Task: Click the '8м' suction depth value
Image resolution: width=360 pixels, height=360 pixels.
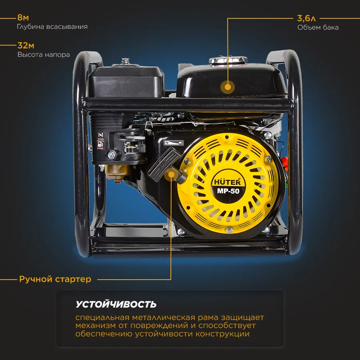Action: pyautogui.click(x=23, y=18)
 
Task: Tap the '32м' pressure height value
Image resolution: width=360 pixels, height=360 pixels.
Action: pyautogui.click(x=26, y=46)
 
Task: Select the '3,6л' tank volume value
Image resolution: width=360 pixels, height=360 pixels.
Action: pyautogui.click(x=306, y=18)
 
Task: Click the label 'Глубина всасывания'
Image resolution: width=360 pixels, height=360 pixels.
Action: pyautogui.click(x=52, y=27)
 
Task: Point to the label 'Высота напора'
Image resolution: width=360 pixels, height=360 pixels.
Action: pyautogui.click(x=44, y=55)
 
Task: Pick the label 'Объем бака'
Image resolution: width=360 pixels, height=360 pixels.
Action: pyautogui.click(x=318, y=27)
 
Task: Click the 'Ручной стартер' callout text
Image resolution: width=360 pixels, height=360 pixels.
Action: pyautogui.click(x=55, y=279)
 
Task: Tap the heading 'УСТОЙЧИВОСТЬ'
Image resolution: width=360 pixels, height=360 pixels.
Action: pyautogui.click(x=116, y=304)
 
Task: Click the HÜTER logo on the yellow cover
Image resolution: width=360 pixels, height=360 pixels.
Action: pyautogui.click(x=227, y=182)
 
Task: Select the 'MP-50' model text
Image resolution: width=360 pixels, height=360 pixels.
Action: pyautogui.click(x=228, y=191)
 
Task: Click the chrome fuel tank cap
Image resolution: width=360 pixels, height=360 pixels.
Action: pyautogui.click(x=228, y=61)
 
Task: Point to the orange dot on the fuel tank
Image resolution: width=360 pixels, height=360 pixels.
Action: pyautogui.click(x=228, y=87)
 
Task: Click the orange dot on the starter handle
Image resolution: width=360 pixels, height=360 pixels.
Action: pyautogui.click(x=171, y=174)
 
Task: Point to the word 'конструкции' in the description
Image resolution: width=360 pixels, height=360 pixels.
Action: pyautogui.click(x=222, y=334)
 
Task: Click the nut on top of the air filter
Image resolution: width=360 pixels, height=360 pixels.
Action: pyautogui.click(x=125, y=61)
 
